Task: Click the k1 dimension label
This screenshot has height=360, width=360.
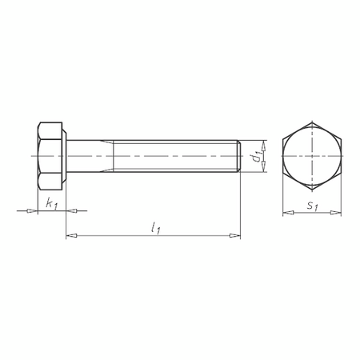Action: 51,205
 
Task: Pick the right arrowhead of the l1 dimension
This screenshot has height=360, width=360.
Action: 235,236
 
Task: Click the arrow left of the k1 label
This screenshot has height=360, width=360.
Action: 31,211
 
